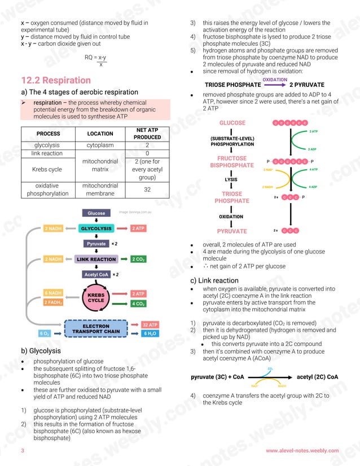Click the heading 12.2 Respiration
coord(55,80)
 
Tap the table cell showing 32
coord(147,190)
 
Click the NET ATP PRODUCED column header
coord(147,133)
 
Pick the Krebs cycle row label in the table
coord(47,169)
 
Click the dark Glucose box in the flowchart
coord(96,213)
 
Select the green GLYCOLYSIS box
coord(96,228)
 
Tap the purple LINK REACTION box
coord(96,260)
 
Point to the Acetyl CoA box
coord(96,275)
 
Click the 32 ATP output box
coord(150,325)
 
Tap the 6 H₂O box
coord(150,333)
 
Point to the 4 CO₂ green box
coord(139,304)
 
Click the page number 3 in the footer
coord(23,451)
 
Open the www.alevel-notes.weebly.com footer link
coord(302,451)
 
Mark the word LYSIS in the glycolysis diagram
coord(231,180)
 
